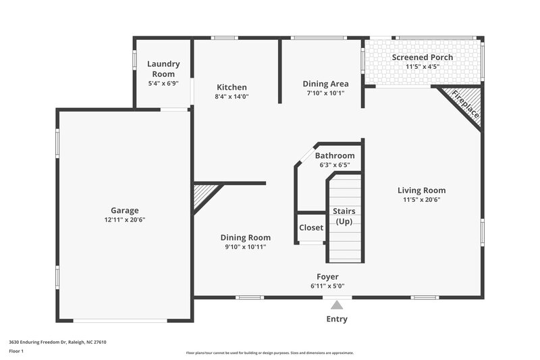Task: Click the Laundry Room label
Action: point(163,69)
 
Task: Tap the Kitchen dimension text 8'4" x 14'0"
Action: point(232,97)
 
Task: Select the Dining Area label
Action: point(325,84)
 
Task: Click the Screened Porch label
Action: point(423,57)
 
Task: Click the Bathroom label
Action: point(335,155)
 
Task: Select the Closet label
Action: point(311,228)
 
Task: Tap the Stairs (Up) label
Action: point(345,216)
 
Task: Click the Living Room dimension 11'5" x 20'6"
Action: point(421,200)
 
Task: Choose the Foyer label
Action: point(328,276)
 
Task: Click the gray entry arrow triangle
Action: point(337,305)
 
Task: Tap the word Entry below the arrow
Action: point(337,319)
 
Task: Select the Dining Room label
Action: point(246,237)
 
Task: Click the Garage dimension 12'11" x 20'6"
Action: point(125,220)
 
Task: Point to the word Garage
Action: point(125,210)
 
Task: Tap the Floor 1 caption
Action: point(17,351)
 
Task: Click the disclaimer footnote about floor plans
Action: point(269,353)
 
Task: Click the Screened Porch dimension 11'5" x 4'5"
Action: point(423,67)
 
